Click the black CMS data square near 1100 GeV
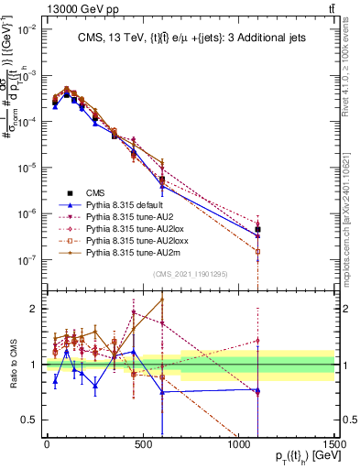coord(258,229)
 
